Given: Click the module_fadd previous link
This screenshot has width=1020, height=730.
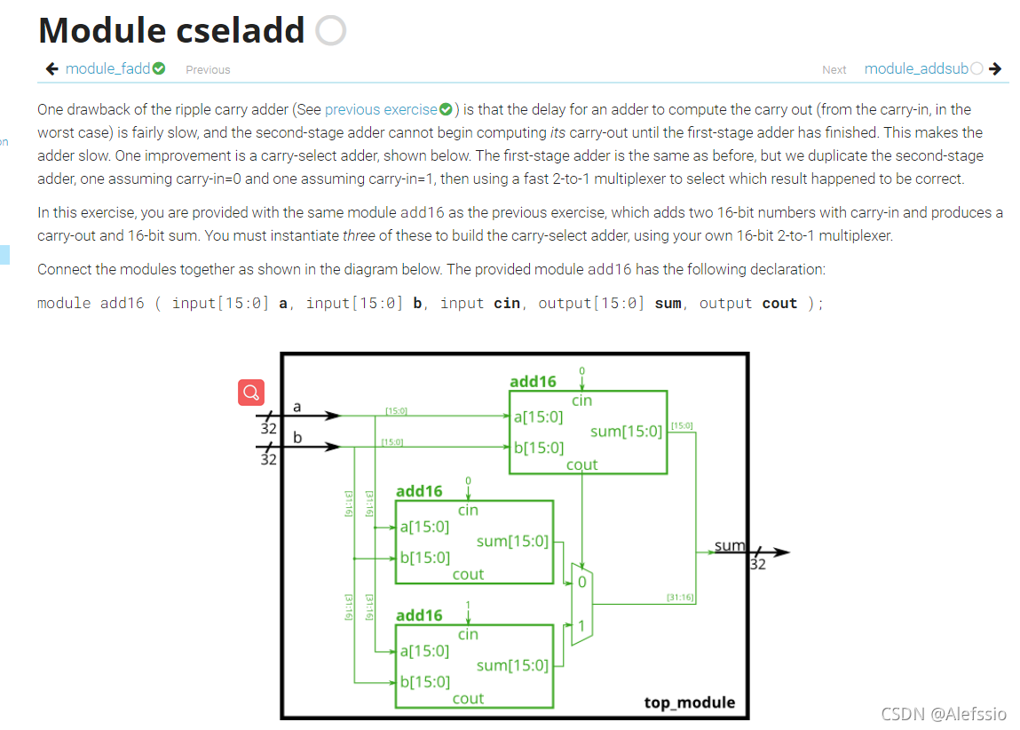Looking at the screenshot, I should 107,68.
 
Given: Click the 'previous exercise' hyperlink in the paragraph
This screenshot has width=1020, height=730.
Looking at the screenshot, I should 381,109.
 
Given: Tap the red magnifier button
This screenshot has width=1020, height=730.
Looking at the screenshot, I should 251,392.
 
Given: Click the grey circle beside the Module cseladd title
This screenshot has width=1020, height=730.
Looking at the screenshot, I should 330,31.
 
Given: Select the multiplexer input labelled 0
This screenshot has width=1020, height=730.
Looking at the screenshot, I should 581,582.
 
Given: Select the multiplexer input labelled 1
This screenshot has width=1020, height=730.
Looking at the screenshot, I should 581,625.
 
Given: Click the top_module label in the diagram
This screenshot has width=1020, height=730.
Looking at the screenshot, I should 689,702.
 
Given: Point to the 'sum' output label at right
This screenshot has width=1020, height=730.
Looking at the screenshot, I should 730,545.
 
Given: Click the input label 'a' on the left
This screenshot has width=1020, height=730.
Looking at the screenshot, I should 297,406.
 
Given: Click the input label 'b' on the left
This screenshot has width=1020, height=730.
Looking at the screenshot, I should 297,437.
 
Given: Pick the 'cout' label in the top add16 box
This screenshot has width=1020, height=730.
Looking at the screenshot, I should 581,464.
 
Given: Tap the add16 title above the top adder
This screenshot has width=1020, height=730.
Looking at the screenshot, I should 533,381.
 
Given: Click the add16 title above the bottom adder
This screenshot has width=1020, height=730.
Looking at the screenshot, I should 419,615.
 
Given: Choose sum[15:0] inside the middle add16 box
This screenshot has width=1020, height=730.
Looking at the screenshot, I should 512,541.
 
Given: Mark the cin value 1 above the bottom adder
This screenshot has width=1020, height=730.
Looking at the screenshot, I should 468,606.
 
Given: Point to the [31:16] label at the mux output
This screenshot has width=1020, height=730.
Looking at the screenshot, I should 679,597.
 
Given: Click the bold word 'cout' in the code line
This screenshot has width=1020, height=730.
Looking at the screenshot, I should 779,303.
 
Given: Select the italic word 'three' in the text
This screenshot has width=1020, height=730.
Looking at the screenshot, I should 360,235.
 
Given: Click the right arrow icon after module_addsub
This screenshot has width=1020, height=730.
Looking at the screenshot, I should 995,68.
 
